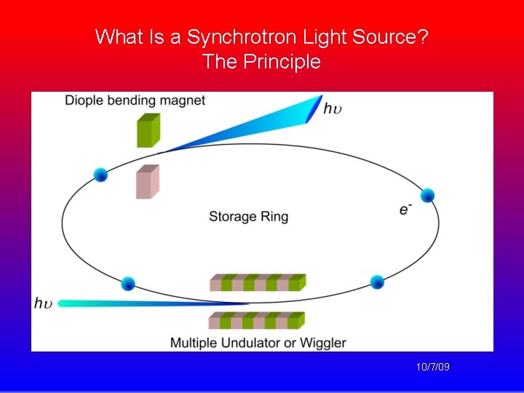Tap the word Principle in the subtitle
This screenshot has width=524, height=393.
[x=282, y=62]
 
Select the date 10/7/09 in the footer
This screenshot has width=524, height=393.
[x=432, y=367]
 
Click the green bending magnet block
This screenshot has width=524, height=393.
[x=148, y=130]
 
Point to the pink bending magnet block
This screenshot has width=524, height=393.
[x=147, y=182]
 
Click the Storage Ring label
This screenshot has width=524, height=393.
[x=248, y=216]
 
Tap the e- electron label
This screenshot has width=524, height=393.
[x=405, y=210]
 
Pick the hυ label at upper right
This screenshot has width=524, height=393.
[x=332, y=108]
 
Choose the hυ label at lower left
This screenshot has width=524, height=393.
[x=43, y=303]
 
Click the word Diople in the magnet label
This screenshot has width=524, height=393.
[x=84, y=100]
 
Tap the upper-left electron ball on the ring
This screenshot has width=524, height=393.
[x=100, y=175]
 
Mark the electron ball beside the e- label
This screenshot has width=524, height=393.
[x=427, y=195]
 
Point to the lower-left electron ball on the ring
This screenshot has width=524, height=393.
[x=128, y=283]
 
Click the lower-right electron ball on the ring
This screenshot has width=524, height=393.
[x=377, y=282]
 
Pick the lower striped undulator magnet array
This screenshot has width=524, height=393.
[x=257, y=320]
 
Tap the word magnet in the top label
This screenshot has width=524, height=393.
[x=183, y=100]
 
